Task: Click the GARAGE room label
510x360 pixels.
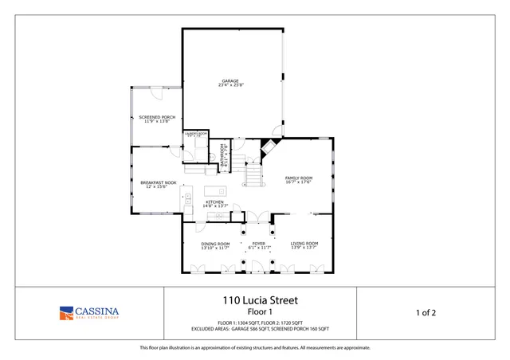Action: click(231, 80)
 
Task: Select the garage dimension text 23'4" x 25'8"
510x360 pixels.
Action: click(231, 85)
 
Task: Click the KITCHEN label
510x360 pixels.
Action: click(215, 202)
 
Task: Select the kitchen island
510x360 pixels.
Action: click(215, 190)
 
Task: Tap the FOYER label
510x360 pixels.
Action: click(259, 243)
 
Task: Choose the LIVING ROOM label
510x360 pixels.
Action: click(304, 243)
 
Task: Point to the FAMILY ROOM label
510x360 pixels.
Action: click(298, 178)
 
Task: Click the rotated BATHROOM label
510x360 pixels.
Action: click(222, 151)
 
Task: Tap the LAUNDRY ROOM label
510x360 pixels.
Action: click(196, 133)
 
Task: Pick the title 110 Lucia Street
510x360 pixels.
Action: click(260, 300)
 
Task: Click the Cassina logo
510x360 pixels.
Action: click(89, 313)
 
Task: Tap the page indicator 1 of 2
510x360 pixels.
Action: click(426, 312)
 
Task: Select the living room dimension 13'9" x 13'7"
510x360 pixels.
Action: click(304, 248)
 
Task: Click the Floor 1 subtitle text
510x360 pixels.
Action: click(260, 311)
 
